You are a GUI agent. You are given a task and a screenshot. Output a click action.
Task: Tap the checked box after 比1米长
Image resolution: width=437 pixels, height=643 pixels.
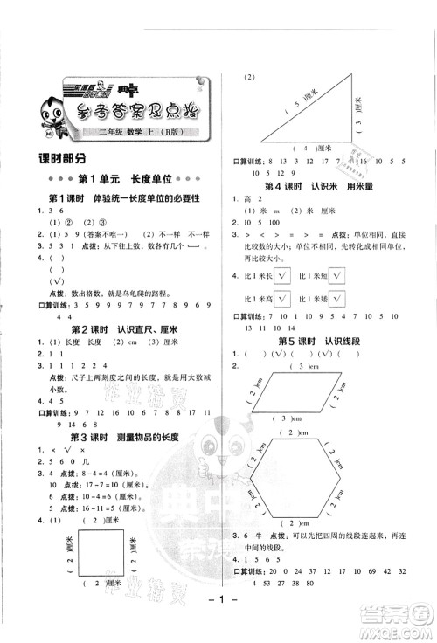[x=283, y=276]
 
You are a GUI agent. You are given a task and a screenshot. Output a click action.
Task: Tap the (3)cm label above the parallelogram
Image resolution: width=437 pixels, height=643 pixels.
[x=302, y=367]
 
